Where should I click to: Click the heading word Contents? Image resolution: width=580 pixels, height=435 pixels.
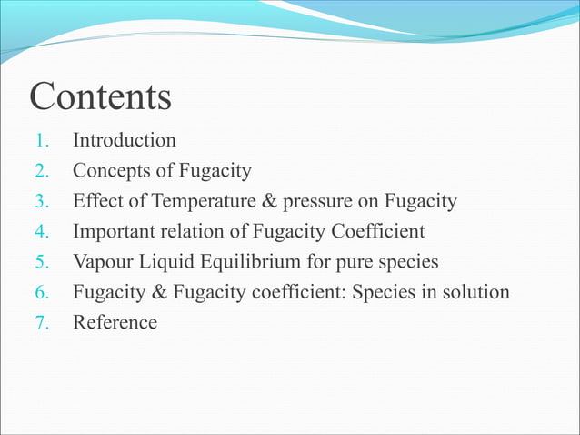click(100, 96)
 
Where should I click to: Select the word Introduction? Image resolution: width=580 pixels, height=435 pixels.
click(124, 140)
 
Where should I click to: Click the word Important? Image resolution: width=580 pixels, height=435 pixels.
click(113, 231)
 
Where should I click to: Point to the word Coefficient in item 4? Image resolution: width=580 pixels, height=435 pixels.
click(380, 231)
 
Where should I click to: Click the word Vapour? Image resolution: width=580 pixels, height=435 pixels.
click(103, 262)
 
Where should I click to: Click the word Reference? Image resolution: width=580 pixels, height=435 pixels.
click(115, 322)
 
